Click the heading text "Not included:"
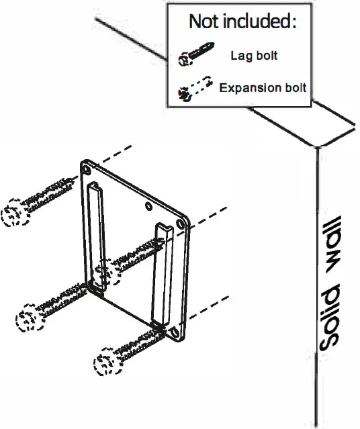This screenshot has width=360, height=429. [x=242, y=21]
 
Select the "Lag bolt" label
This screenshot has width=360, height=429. [x=253, y=56]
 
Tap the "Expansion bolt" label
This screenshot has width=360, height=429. [x=263, y=87]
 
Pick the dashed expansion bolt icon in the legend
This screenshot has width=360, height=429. [x=194, y=89]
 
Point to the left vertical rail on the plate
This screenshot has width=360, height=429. [x=95, y=235]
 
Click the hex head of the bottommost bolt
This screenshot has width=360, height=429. [x=106, y=363]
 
